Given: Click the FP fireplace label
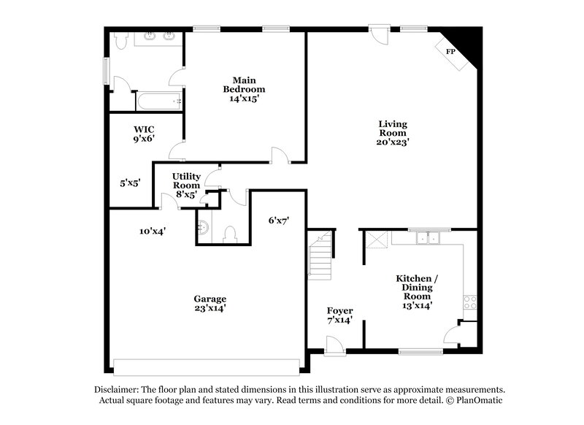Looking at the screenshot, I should point(451,52).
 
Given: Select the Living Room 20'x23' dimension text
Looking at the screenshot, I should point(393,143).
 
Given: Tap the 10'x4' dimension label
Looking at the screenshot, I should point(153,231).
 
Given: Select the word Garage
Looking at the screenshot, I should point(210,298).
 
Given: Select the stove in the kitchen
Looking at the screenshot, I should point(469,302).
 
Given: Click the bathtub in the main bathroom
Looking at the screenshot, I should point(158,101).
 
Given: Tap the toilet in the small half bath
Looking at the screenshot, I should point(230,234).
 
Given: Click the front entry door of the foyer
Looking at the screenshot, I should point(335,345).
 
